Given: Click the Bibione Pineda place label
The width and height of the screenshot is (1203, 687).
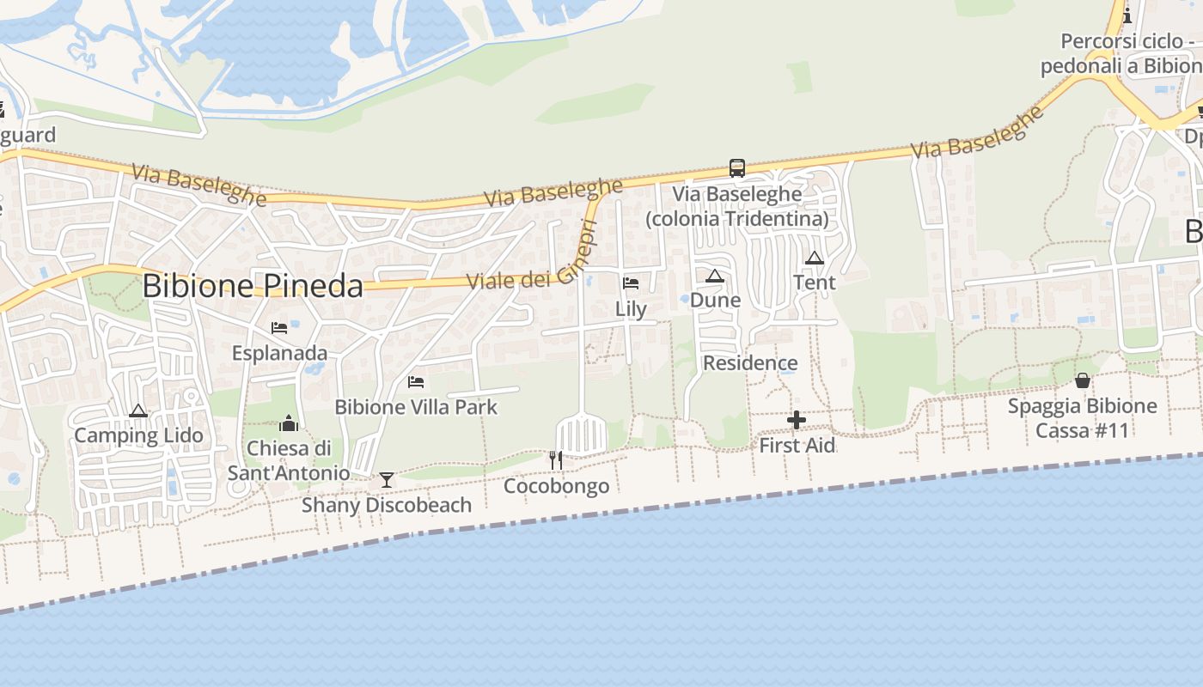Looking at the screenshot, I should click(x=253, y=286).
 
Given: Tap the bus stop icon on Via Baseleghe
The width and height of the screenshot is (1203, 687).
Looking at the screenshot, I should click(x=736, y=167).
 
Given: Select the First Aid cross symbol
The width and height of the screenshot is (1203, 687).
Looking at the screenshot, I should click(x=797, y=420).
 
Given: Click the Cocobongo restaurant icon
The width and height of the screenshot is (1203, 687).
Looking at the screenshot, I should click(x=556, y=460).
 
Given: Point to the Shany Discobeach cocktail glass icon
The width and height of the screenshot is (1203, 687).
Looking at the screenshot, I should click(x=387, y=479).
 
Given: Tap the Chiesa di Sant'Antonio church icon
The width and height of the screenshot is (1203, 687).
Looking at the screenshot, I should click(x=289, y=423).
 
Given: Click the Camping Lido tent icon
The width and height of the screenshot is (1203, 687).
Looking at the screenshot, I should click(x=138, y=411).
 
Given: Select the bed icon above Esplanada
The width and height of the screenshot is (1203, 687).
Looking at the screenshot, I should click(x=279, y=327).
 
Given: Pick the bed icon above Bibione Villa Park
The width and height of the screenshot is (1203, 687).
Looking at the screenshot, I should click(x=416, y=381).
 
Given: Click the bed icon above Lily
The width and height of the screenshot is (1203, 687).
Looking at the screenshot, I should click(x=631, y=283).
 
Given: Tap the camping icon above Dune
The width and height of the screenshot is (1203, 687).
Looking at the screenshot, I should click(x=715, y=276).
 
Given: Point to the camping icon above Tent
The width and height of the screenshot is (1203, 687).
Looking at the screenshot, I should click(x=815, y=258).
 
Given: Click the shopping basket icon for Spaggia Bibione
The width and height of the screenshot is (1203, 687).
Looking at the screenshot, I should click(x=1083, y=380).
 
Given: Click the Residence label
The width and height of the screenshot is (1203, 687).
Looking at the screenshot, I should click(x=750, y=363).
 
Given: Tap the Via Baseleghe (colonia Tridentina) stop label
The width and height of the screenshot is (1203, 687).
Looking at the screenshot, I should click(x=737, y=206).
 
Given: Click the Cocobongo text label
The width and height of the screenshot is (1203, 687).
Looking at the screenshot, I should click(x=556, y=486).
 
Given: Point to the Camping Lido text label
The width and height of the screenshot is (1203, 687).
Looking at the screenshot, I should click(x=138, y=435).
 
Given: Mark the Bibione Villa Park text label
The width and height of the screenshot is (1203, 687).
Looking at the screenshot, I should click(x=416, y=407).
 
